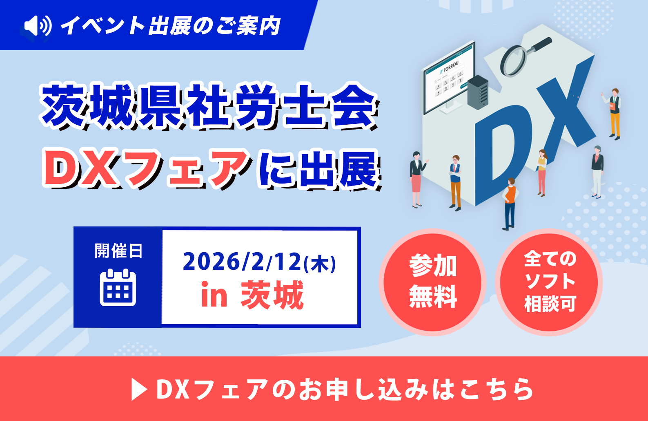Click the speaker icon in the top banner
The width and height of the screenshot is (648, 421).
pyautogui.click(x=38, y=26)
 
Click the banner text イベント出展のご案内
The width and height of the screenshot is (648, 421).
pyautogui.click(x=171, y=26)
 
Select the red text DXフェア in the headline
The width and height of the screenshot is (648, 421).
pyautogui.click(x=146, y=168)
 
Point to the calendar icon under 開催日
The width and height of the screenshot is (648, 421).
pyautogui.click(x=118, y=287)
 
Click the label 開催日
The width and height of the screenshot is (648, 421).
pyautogui.click(x=118, y=251)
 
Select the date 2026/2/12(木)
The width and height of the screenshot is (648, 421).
pyautogui.click(x=259, y=262)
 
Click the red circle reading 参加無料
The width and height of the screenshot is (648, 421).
pyautogui.click(x=432, y=282)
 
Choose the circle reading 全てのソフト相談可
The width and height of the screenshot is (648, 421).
pyautogui.click(x=549, y=282)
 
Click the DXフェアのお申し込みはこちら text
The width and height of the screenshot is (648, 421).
pyautogui.click(x=344, y=389)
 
